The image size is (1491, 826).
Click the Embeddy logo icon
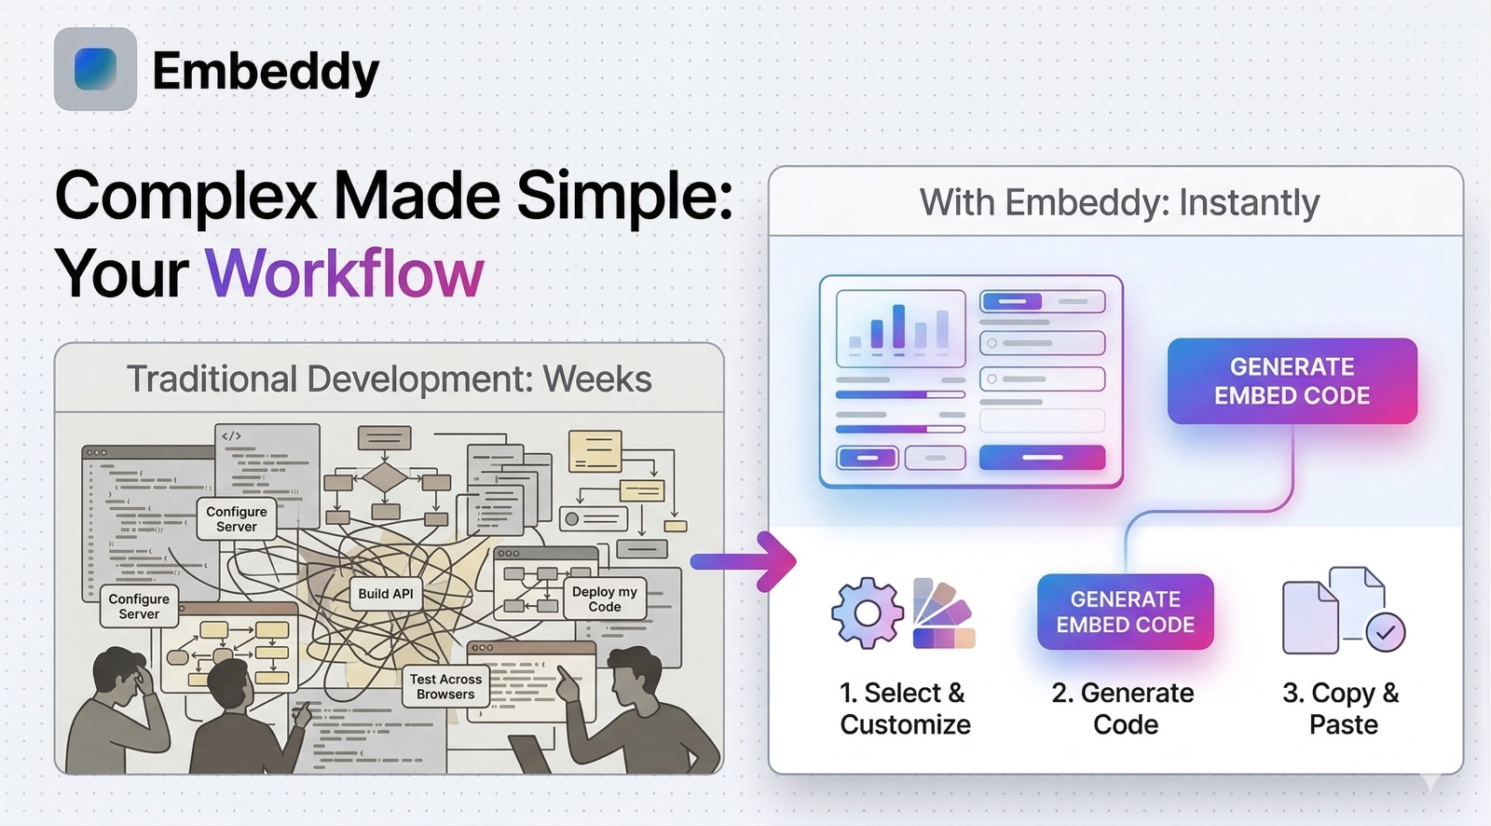[x=95, y=69]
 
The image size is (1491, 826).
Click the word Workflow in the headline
[x=344, y=274]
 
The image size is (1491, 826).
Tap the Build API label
[x=386, y=594]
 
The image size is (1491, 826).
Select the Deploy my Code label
[x=605, y=599]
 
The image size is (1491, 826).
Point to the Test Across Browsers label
[x=445, y=686]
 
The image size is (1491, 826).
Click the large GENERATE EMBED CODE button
[x=1292, y=381]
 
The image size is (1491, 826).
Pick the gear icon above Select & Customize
[x=867, y=613]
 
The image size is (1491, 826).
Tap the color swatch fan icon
[x=942, y=613]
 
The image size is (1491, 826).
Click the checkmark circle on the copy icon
[x=1385, y=632]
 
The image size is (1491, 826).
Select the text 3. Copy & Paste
[x=1341, y=709]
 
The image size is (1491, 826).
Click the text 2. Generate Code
[x=1124, y=709]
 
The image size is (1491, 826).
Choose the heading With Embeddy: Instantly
[x=1118, y=202]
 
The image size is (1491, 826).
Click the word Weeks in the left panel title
[x=597, y=379]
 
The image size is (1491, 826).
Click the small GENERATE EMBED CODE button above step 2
[x=1125, y=612]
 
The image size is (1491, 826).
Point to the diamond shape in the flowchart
[x=384, y=477]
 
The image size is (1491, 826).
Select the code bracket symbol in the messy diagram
[x=231, y=435]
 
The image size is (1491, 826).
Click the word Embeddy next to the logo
[x=266, y=71]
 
